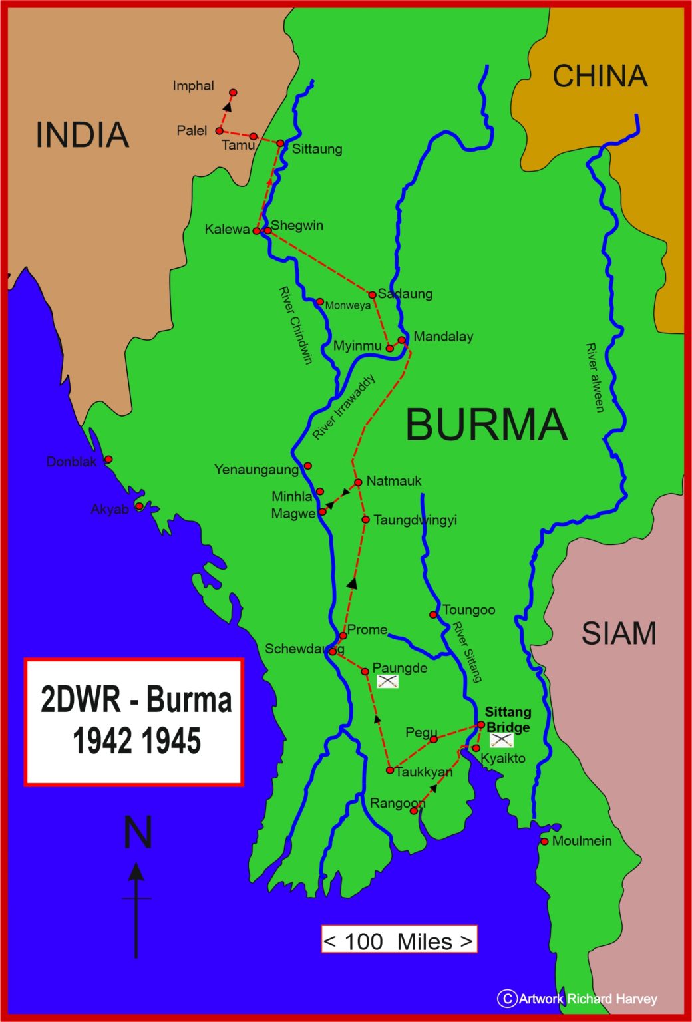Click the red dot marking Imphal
click(x=233, y=92)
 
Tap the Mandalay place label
click(x=443, y=337)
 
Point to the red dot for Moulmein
click(x=544, y=842)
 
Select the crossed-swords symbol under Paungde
click(x=387, y=681)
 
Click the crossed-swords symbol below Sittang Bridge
click(x=501, y=740)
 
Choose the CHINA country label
click(x=600, y=76)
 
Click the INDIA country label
click(x=82, y=135)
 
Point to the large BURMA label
click(x=486, y=425)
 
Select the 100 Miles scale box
click(x=399, y=941)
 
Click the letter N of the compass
click(x=138, y=832)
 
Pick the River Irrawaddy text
click(x=344, y=407)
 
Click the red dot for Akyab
click(x=139, y=506)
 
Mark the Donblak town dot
click(x=108, y=459)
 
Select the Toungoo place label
click(x=468, y=610)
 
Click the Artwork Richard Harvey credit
click(x=578, y=999)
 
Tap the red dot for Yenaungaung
click(x=307, y=466)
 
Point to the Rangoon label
click(x=397, y=804)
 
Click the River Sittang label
click(x=467, y=652)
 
